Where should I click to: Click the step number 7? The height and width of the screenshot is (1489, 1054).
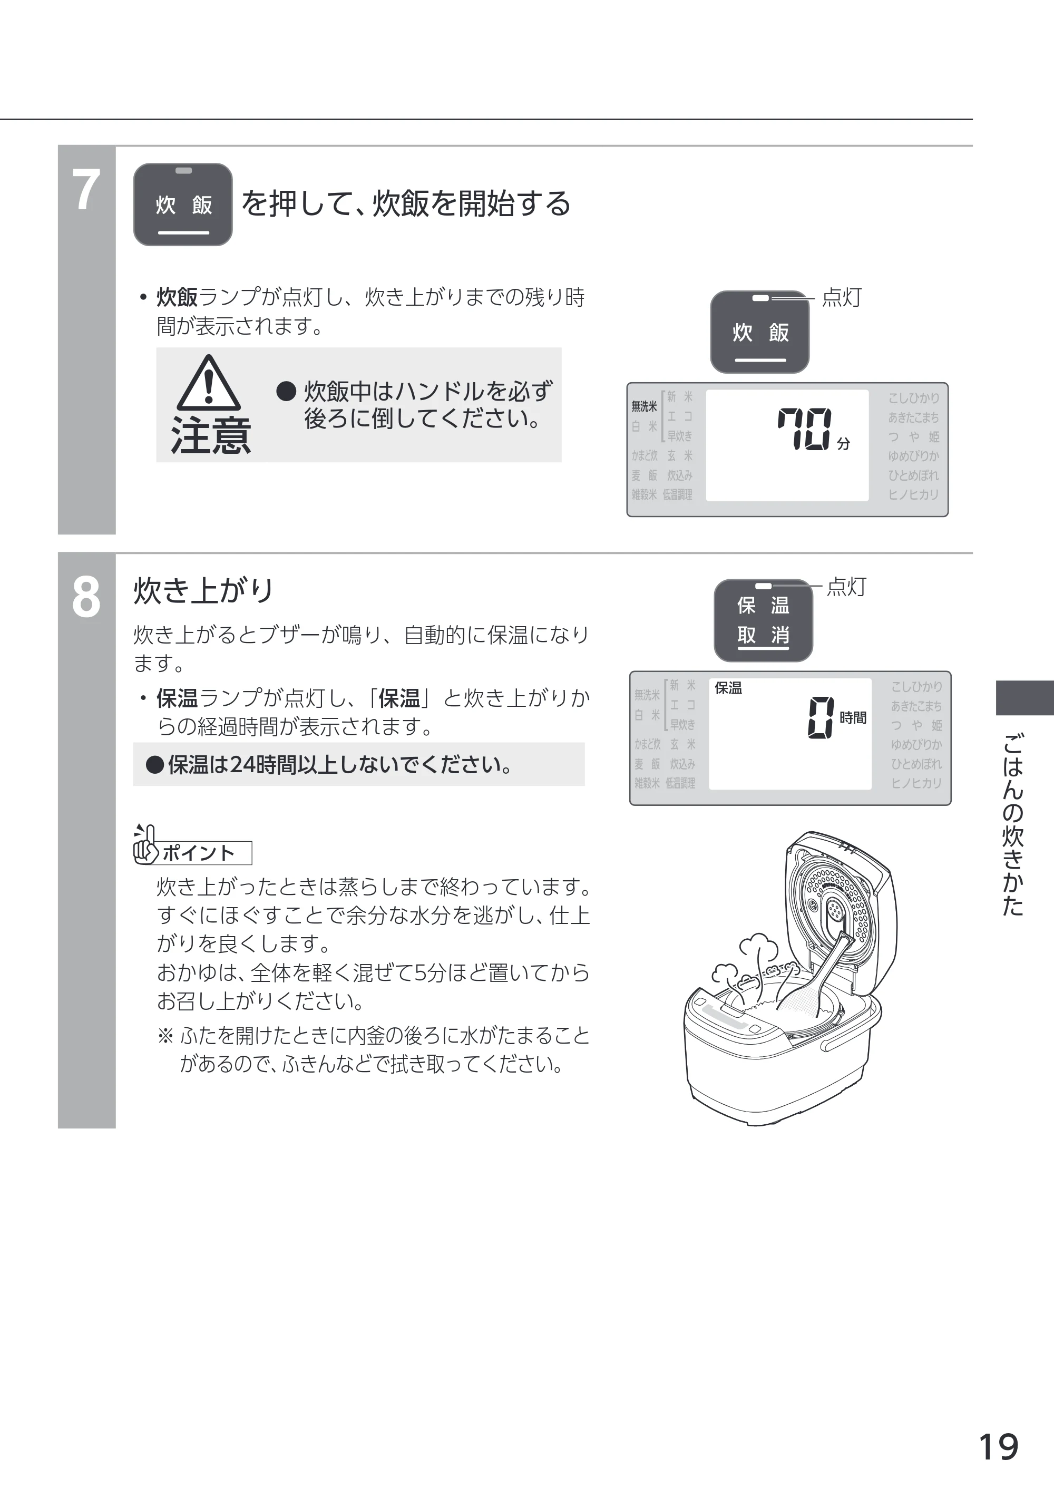click(86, 190)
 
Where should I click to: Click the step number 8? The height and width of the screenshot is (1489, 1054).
click(86, 597)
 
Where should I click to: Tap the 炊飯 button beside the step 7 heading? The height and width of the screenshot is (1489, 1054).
click(183, 205)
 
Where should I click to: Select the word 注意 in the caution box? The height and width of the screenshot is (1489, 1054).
click(211, 435)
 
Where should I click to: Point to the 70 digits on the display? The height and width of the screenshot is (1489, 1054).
click(804, 429)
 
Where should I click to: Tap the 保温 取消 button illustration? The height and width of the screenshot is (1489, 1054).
click(763, 620)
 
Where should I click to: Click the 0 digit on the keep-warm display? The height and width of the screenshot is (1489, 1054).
click(821, 717)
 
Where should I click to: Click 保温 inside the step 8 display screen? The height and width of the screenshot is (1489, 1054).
click(728, 688)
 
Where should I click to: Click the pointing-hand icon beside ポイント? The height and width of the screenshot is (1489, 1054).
click(145, 844)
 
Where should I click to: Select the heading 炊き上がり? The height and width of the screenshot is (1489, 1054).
click(203, 591)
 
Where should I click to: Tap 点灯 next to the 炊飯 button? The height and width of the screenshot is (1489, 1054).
click(842, 298)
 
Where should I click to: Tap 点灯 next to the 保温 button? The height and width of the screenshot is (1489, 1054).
click(846, 587)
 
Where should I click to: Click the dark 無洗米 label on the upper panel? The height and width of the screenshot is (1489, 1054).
click(644, 406)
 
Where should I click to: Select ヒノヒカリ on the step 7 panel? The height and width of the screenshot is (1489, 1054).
click(914, 494)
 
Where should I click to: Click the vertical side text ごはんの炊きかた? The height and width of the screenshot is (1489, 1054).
click(1012, 824)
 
